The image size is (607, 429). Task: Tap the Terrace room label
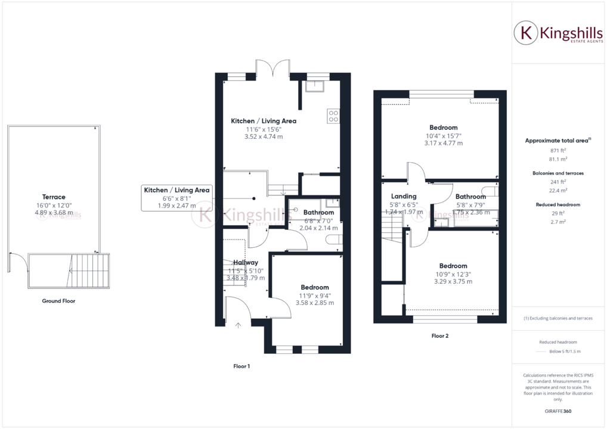click(54, 197)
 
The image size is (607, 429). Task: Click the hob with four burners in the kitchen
click(333, 116)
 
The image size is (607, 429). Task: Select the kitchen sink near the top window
click(314, 87)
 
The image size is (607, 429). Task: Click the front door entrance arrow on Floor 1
click(238, 325)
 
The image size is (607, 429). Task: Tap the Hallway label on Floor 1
click(246, 262)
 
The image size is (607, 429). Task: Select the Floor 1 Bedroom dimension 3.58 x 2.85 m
click(315, 303)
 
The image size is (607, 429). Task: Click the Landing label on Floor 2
click(404, 197)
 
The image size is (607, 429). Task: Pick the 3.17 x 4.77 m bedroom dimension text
click(444, 143)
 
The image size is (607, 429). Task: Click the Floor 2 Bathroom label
click(470, 197)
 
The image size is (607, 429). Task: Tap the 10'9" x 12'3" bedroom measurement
click(453, 274)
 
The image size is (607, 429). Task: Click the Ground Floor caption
click(58, 301)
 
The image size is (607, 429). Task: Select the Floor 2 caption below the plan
click(439, 335)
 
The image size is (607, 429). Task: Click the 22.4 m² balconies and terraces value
click(558, 191)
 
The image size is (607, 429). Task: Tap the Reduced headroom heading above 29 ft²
click(558, 204)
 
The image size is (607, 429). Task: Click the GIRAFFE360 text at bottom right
click(558, 411)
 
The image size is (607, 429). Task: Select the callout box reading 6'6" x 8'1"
click(176, 198)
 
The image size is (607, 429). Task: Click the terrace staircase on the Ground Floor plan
click(89, 271)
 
